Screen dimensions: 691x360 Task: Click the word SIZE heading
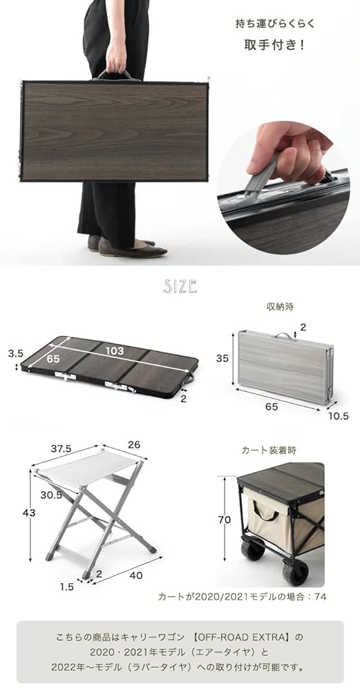coord(180,285)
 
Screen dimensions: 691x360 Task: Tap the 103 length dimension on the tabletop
coord(115,351)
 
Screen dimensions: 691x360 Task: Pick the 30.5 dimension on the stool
coord(50,495)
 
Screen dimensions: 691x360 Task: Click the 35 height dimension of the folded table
coord(222,359)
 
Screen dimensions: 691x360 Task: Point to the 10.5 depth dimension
coord(339,416)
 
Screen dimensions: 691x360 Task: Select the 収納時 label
coord(274,306)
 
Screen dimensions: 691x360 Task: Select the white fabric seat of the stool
coord(86,473)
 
